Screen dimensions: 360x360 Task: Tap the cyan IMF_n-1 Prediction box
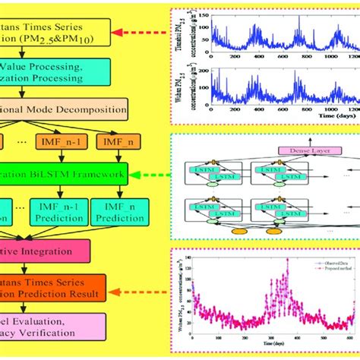[61, 210]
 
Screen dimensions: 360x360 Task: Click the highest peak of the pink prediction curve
[287, 260]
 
